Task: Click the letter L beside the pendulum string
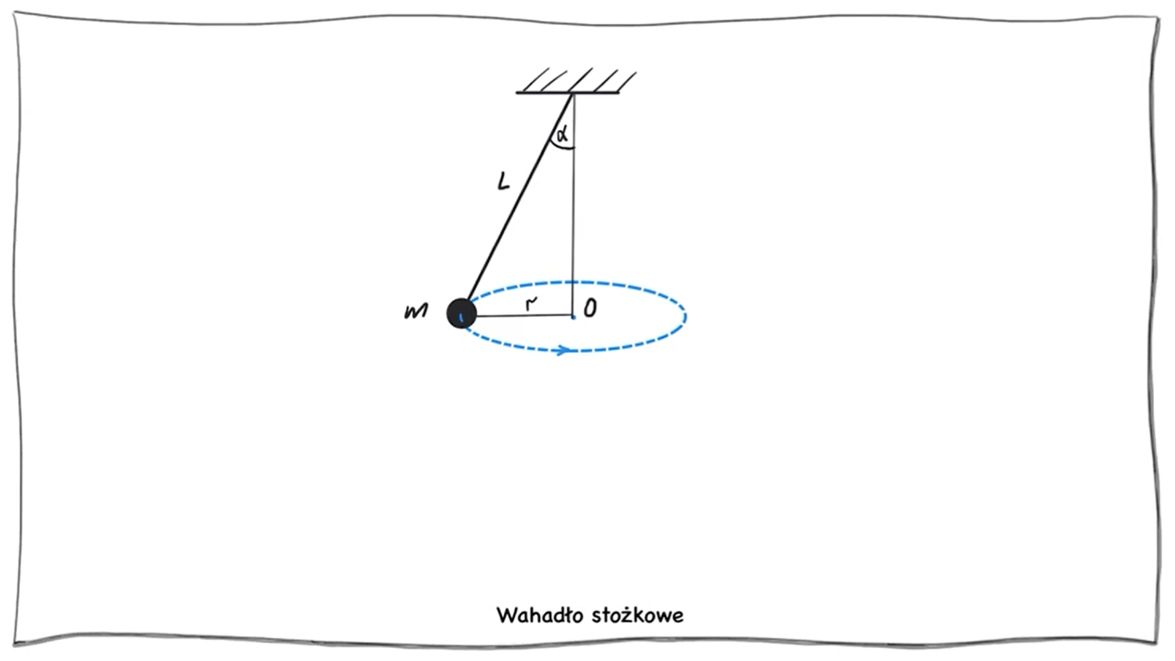pyautogui.click(x=503, y=181)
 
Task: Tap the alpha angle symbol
pyautogui.click(x=562, y=133)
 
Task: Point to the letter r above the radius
pyautogui.click(x=531, y=302)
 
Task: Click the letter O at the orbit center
pyautogui.click(x=590, y=308)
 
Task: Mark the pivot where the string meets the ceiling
pyautogui.click(x=572, y=94)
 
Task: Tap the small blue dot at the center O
pyautogui.click(x=573, y=317)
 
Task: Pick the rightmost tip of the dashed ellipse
pyautogui.click(x=686, y=316)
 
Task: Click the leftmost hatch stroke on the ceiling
pyautogui.click(x=536, y=80)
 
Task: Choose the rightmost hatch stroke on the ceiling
pyautogui.click(x=627, y=81)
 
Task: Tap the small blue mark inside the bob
pyautogui.click(x=461, y=317)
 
